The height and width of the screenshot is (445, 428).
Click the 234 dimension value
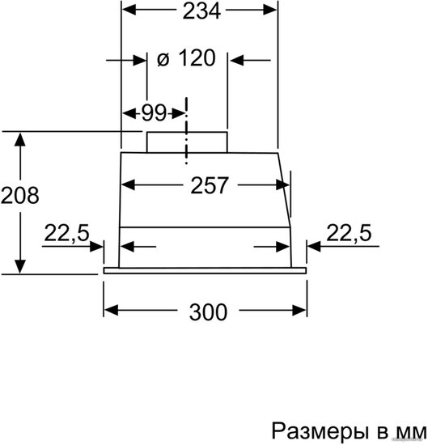tap(201, 11)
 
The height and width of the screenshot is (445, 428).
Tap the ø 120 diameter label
tap(186, 58)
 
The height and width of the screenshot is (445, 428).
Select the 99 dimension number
tap(154, 113)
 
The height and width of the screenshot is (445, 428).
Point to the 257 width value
tap(210, 185)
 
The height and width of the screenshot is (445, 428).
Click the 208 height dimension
tap(20, 195)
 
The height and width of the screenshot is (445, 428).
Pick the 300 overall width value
tap(208, 311)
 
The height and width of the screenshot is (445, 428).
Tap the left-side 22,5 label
tap(67, 233)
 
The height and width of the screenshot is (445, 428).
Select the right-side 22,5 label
tap(349, 233)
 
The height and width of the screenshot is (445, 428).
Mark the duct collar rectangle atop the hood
tap(187, 142)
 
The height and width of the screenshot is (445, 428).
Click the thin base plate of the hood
tap(205, 271)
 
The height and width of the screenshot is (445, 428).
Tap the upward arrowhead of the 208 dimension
tap(20, 140)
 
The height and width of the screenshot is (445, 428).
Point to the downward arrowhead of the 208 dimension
tap(20, 267)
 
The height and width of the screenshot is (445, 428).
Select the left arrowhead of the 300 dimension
tap(111, 310)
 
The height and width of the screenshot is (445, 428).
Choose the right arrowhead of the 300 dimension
tap(299, 310)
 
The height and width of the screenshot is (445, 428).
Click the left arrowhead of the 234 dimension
tap(129, 11)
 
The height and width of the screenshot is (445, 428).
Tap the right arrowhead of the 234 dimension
tap(270, 11)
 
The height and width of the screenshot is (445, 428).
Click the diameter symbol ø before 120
tap(163, 60)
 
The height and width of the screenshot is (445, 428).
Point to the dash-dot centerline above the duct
tap(186, 130)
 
